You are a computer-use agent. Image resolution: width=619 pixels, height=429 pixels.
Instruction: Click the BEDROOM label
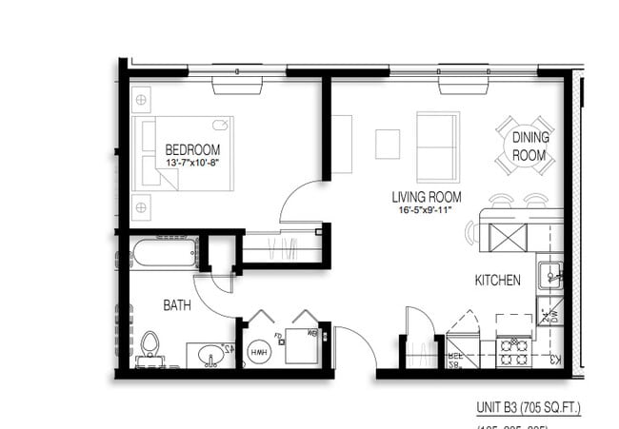coord(192,149)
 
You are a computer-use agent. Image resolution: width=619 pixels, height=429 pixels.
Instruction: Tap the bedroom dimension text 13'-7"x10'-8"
coord(192,164)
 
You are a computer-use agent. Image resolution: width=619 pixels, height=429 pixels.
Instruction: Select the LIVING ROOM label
coord(427,198)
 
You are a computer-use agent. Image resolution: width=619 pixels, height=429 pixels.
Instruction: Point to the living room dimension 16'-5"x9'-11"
coord(427,212)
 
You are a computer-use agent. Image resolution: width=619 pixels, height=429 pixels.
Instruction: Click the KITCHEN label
coord(498,281)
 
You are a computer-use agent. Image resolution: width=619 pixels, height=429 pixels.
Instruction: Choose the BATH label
coord(177,305)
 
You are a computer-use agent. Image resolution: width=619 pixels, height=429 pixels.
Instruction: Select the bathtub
coord(163,254)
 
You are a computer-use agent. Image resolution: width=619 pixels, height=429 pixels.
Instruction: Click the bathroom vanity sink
coord(211,355)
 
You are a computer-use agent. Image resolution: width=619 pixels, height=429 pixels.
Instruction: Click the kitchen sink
coord(551,277)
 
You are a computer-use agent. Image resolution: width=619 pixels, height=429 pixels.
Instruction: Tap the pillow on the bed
coord(220,124)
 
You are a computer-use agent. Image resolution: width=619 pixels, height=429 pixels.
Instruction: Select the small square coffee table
coord(388,144)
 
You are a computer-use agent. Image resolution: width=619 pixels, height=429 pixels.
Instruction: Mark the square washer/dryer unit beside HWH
coord(303,346)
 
